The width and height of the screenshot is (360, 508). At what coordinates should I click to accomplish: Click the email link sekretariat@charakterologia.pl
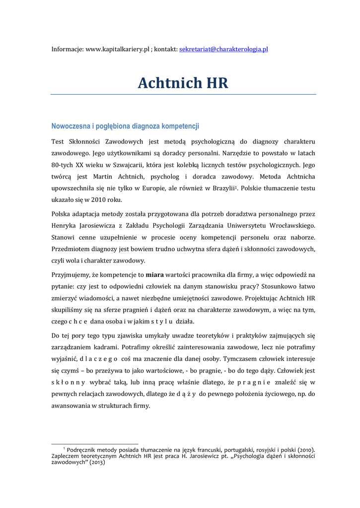(x=223, y=50)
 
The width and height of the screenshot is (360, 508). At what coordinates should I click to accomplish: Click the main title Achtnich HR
(x=183, y=83)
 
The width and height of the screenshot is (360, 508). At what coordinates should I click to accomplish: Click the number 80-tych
(x=62, y=165)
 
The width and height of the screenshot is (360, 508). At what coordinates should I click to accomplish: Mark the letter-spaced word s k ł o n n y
(x=68, y=382)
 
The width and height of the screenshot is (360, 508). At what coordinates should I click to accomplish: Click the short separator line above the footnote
(x=95, y=444)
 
